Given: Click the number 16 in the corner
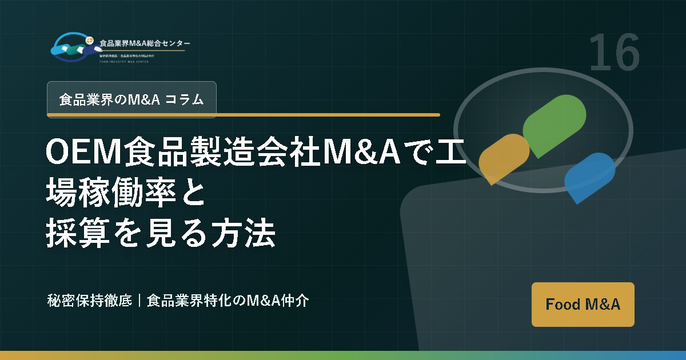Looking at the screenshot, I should pos(614,53).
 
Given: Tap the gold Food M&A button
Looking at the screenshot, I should pos(583,304).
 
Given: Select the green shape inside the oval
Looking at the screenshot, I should pos(554,124).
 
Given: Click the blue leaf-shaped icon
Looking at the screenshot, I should pos(589,176).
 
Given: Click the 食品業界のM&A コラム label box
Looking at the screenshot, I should pos(131,99).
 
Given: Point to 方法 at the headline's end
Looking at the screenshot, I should pos(249,234).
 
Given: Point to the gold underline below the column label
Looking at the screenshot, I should pos(243,115).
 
